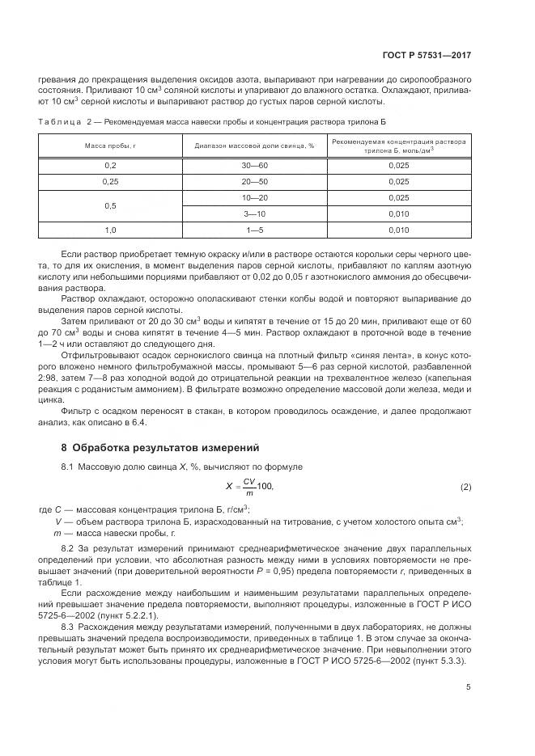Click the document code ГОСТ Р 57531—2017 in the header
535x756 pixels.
coord(427,56)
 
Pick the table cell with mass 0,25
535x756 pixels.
coord(111,182)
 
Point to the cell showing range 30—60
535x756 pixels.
coord(253,165)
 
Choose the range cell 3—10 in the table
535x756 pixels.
coord(253,214)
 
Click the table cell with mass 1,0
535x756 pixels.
coord(111,230)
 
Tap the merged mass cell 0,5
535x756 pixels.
coord(111,206)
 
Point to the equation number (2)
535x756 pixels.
coord(465,486)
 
